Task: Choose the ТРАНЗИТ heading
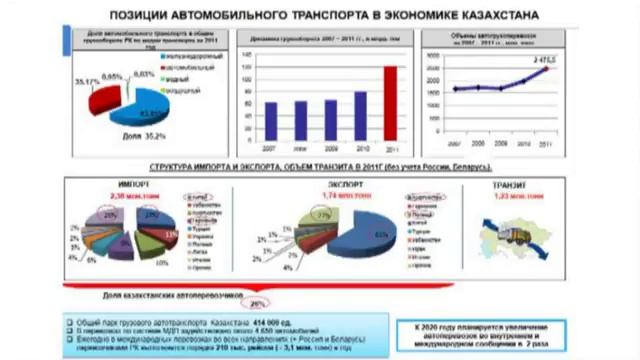pos(514,186)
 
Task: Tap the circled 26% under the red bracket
pos(257,304)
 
